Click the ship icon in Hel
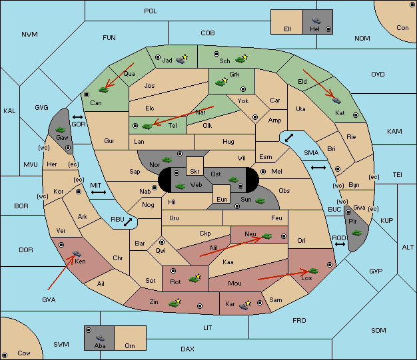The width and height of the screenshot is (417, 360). click(x=316, y=21)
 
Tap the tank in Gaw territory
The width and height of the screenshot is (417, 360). click(x=61, y=130)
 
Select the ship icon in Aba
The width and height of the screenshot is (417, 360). click(x=101, y=338)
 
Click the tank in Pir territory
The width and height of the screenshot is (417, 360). click(x=356, y=233)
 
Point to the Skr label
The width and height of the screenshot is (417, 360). click(x=195, y=172)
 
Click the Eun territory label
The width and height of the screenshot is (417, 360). click(x=222, y=199)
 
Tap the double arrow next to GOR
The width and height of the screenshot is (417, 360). click(x=78, y=117)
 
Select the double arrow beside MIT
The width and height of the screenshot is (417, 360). click(x=99, y=192)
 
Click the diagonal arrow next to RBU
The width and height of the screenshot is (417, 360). click(x=128, y=222)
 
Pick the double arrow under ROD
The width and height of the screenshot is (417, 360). click(x=340, y=244)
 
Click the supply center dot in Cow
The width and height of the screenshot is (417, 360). click(x=5, y=355)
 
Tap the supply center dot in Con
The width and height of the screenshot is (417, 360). click(x=411, y=5)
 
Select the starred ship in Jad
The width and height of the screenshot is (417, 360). click(x=182, y=59)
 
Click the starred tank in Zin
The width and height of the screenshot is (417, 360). click(x=175, y=303)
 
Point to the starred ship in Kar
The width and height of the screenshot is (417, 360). click(x=245, y=305)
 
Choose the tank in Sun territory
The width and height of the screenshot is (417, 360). click(x=260, y=201)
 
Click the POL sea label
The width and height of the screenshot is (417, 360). click(x=151, y=11)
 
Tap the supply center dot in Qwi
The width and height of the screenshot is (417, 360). click(x=162, y=242)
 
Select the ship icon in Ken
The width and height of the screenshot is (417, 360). click(x=77, y=253)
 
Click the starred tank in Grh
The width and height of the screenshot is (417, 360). click(x=221, y=82)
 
